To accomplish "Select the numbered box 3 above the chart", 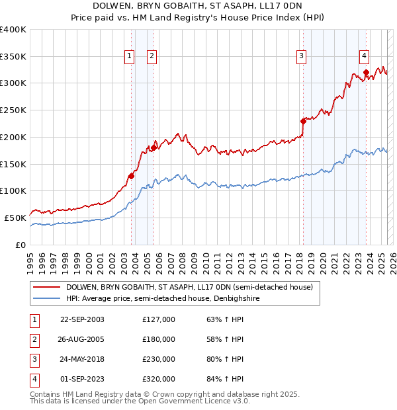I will coord(301,56).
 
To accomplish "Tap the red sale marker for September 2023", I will coord(365,73).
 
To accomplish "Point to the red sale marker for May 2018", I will coord(303,121).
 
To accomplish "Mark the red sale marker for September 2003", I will coord(131,176).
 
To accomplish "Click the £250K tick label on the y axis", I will coord(13,110).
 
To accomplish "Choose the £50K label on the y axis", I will coord(15,218).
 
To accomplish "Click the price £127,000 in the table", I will coord(159,319).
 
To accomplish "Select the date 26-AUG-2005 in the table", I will coord(82,339).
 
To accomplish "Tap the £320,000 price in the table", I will coord(159,379).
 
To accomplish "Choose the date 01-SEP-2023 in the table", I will coord(82,379).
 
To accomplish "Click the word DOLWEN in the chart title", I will coord(111,5).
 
